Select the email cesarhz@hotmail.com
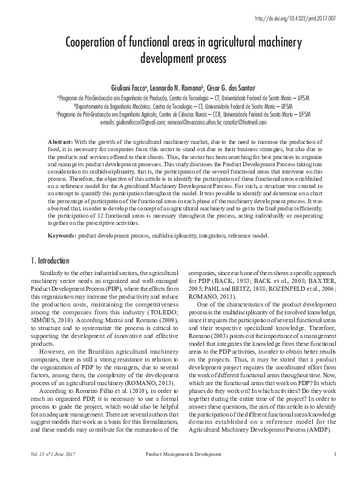tap(244, 122)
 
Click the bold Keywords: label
tap(62, 236)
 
